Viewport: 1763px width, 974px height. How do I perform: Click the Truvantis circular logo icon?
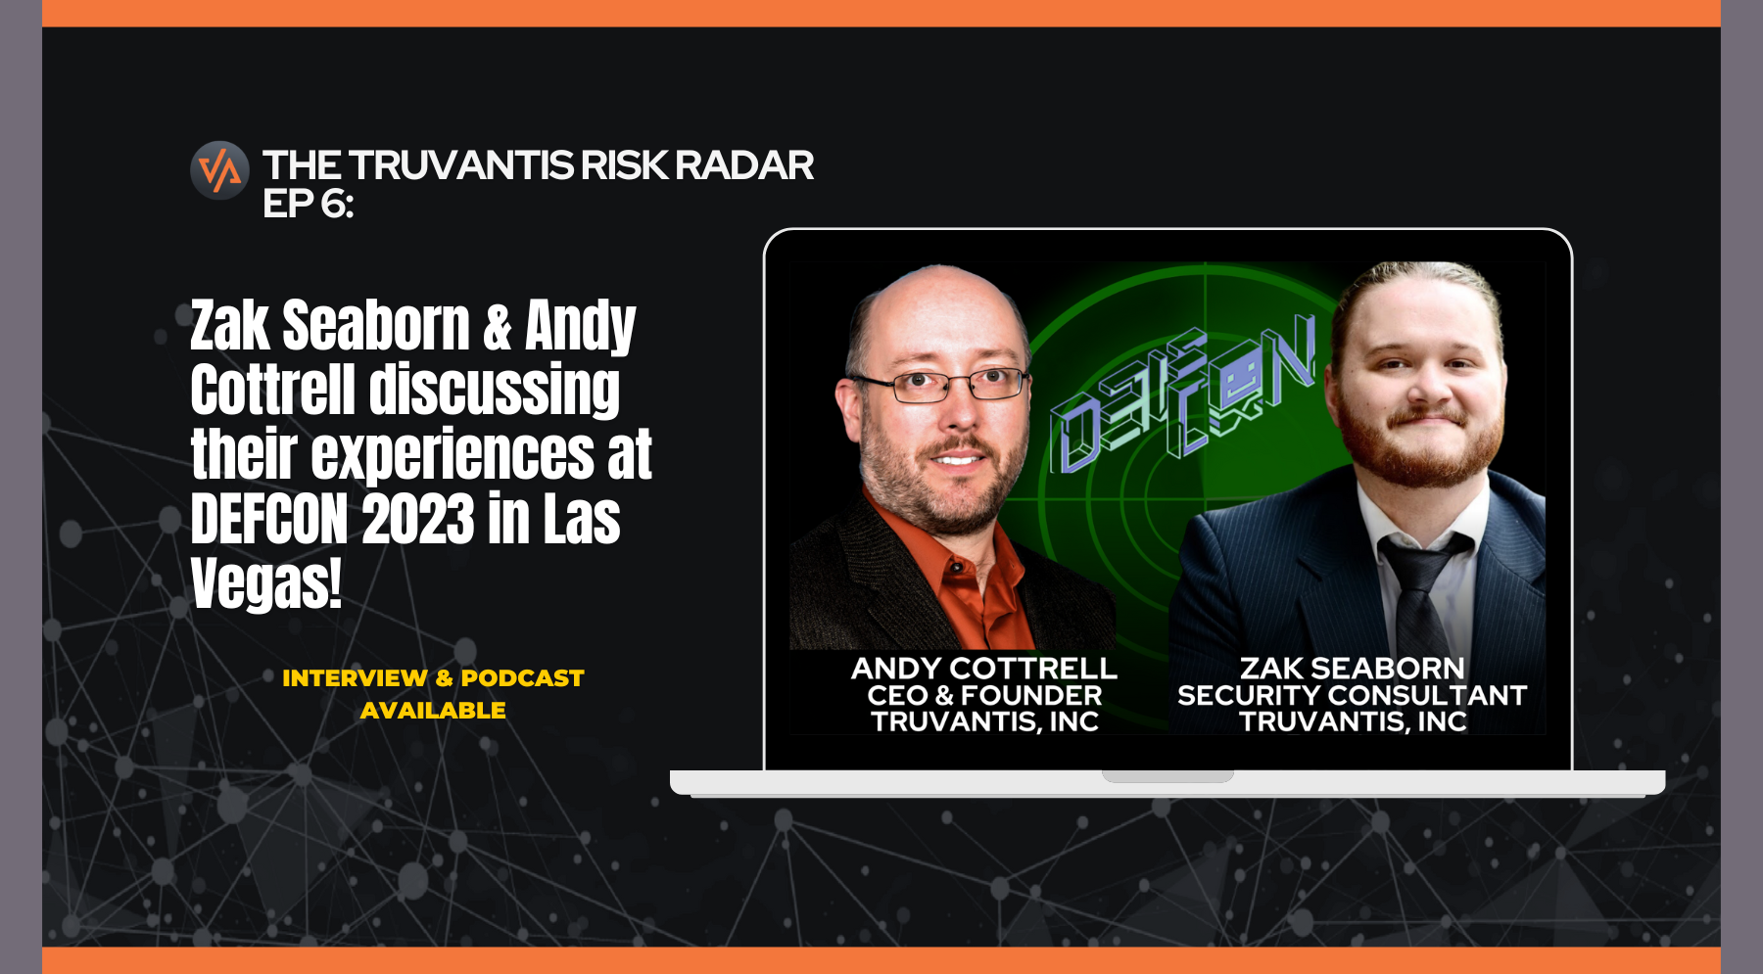pos(219,170)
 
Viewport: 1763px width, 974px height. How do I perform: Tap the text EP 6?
pos(308,204)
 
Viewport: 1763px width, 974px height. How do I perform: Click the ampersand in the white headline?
pos(497,327)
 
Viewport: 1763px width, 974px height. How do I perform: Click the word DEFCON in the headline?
pos(269,519)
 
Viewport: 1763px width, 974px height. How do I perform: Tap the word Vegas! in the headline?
pos(266,583)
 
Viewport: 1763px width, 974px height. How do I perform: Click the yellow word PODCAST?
pos(522,677)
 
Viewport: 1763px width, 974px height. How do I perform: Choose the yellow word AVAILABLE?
pos(433,711)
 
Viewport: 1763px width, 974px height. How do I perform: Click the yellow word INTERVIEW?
pos(355,677)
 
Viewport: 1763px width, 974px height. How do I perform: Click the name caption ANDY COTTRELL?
pos(984,669)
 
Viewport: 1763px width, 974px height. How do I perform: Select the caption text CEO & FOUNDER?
pos(984,695)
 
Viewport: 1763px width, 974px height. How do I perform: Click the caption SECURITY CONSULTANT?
pos(1352,695)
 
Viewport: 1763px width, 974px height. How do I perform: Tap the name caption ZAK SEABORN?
pos(1352,669)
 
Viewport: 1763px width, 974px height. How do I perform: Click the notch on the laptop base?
pos(1167,776)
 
